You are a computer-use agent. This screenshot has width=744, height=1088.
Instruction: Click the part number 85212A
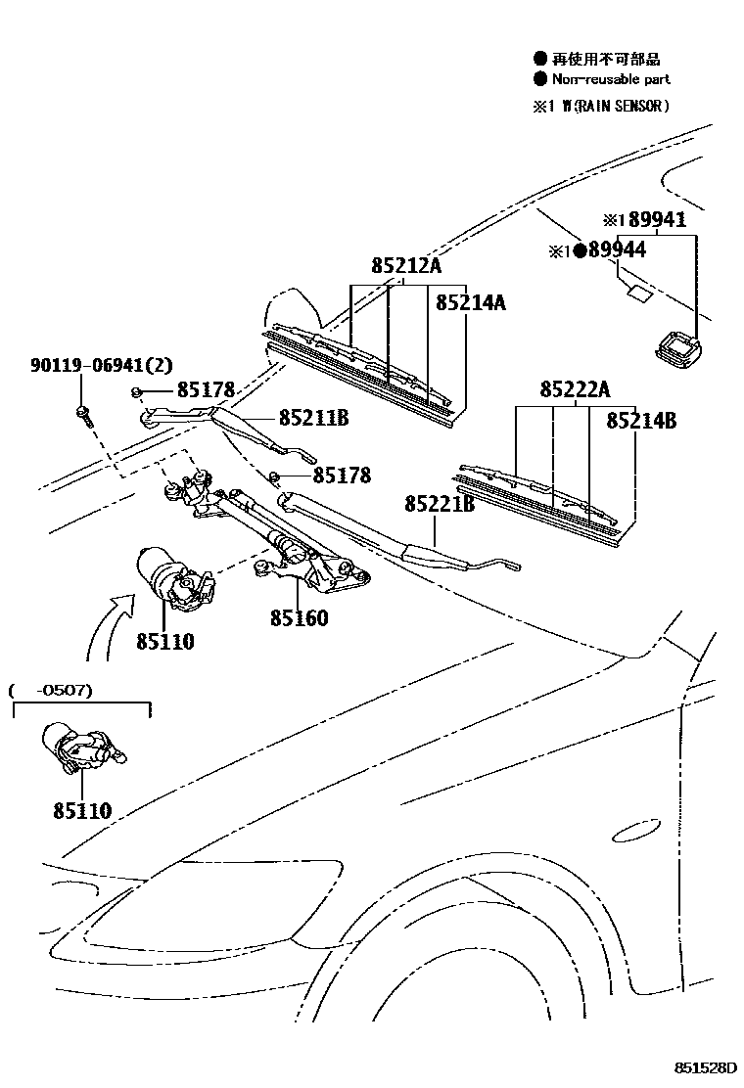pyautogui.click(x=406, y=266)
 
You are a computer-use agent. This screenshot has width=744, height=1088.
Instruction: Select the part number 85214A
pyautogui.click(x=470, y=303)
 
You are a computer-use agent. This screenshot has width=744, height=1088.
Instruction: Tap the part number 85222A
pyautogui.click(x=575, y=390)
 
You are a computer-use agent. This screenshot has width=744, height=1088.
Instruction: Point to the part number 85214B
pyautogui.click(x=640, y=421)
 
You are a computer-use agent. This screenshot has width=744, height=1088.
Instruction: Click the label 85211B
pyautogui.click(x=313, y=419)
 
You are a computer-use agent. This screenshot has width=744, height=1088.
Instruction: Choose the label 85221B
pyautogui.click(x=440, y=504)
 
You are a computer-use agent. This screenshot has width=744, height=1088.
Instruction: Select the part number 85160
pyautogui.click(x=300, y=618)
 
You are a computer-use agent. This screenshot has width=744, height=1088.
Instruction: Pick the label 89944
pyautogui.click(x=616, y=250)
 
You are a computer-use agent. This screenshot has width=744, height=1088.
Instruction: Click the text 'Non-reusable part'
pyautogui.click(x=611, y=79)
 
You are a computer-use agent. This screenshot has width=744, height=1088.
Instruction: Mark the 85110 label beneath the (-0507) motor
pyautogui.click(x=82, y=810)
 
